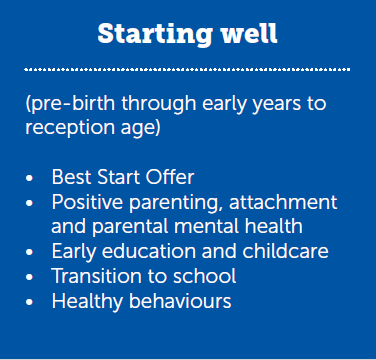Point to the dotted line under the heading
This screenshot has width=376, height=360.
coord(188,69)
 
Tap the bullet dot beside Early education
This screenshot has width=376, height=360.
coord(30,251)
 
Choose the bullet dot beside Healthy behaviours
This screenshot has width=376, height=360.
coord(30,300)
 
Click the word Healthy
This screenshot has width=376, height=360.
coord(85,300)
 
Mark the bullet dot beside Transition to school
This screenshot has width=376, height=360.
coord(30,275)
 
